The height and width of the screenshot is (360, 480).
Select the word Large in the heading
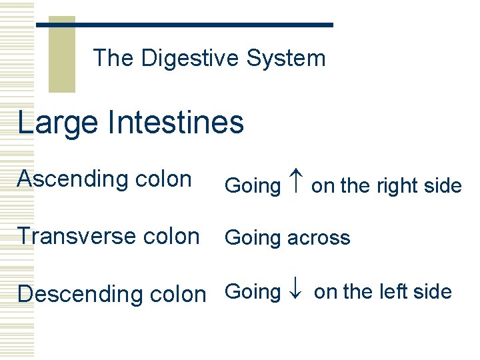(56, 123)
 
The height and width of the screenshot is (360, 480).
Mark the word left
(400, 291)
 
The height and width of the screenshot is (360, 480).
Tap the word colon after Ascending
(163, 179)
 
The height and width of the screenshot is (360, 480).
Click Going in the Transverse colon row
(253, 238)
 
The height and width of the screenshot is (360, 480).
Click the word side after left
(437, 291)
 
